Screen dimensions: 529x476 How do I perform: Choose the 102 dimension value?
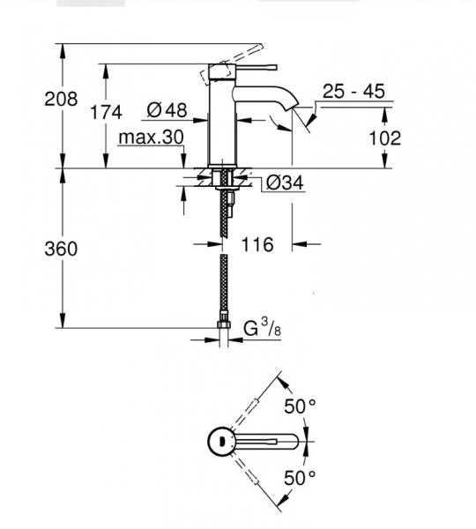click(384, 138)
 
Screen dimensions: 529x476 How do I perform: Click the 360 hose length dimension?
click(61, 249)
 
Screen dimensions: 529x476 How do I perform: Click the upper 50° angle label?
click(299, 407)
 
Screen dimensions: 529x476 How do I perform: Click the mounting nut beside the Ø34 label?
click(226, 182)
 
